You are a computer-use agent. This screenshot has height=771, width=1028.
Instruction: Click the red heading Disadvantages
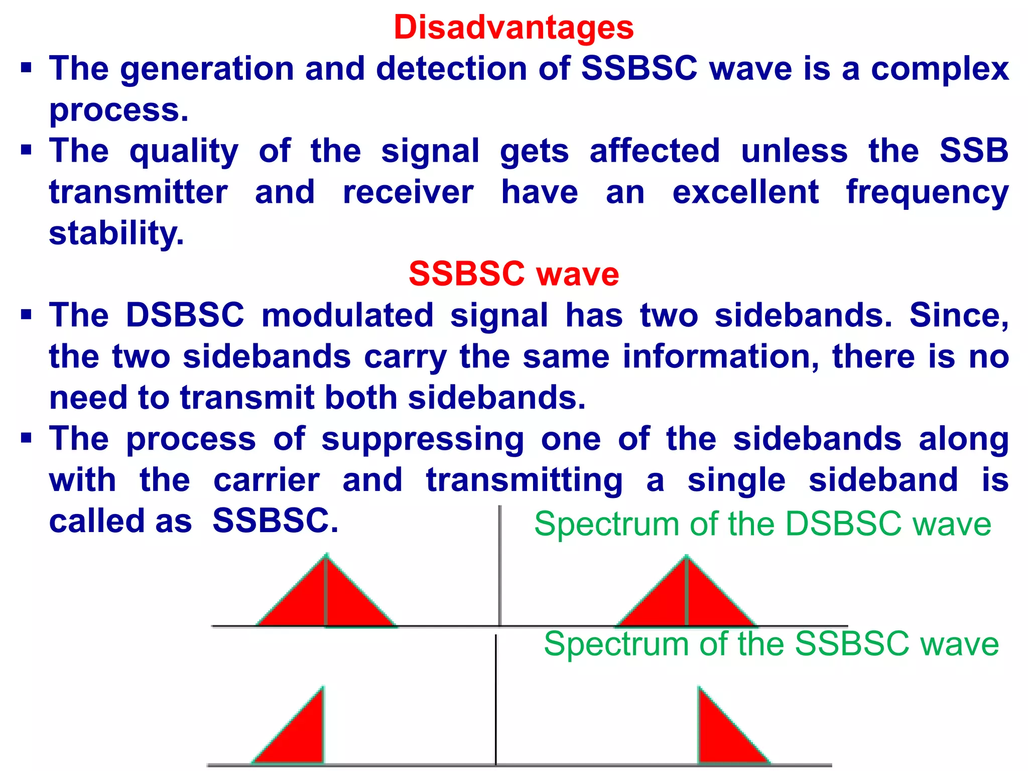click(513, 27)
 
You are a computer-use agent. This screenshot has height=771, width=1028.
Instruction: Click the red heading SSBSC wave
click(513, 274)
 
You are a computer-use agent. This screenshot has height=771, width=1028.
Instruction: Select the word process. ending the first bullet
click(119, 110)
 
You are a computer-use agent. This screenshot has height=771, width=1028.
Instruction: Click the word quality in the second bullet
click(184, 151)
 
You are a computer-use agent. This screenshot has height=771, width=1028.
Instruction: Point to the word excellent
click(745, 192)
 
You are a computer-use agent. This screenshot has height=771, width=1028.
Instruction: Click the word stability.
click(116, 233)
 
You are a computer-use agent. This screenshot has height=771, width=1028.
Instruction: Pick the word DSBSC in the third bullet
click(185, 316)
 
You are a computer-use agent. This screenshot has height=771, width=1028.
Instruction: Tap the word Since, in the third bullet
click(959, 316)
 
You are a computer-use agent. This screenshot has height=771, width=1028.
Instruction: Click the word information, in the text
click(721, 357)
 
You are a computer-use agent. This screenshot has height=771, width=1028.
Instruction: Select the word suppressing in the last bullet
click(423, 439)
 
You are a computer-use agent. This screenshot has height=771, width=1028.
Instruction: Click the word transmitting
click(524, 480)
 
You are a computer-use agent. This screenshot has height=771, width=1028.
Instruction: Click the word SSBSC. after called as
click(276, 522)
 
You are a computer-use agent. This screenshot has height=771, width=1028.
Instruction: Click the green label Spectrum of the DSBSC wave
click(762, 525)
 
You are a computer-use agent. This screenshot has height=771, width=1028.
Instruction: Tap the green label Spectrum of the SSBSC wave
click(771, 644)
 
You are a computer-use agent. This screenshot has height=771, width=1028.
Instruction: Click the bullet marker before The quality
click(26, 150)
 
